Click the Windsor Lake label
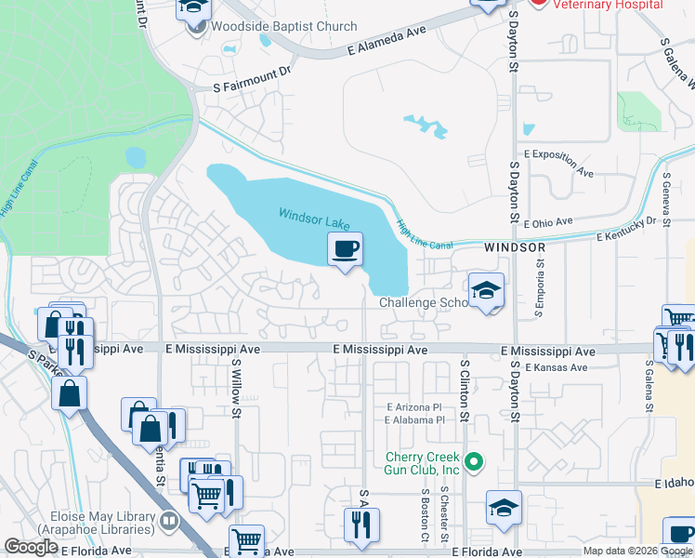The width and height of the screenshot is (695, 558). pyautogui.click(x=314, y=219)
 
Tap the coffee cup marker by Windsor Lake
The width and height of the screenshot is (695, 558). pyautogui.click(x=345, y=249)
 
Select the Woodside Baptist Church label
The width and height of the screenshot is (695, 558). pyautogui.click(x=284, y=26)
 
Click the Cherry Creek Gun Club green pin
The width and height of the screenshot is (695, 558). pyautogui.click(x=474, y=460)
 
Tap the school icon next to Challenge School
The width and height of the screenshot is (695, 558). pyautogui.click(x=486, y=291)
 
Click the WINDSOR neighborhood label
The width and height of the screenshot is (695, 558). pyautogui.click(x=514, y=248)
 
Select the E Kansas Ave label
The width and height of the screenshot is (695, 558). pyautogui.click(x=556, y=368)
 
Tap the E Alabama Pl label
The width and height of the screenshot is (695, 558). pyautogui.click(x=414, y=420)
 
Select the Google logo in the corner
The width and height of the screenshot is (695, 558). pyautogui.click(x=32, y=547)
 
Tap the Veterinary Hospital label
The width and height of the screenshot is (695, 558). pyautogui.click(x=609, y=5)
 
